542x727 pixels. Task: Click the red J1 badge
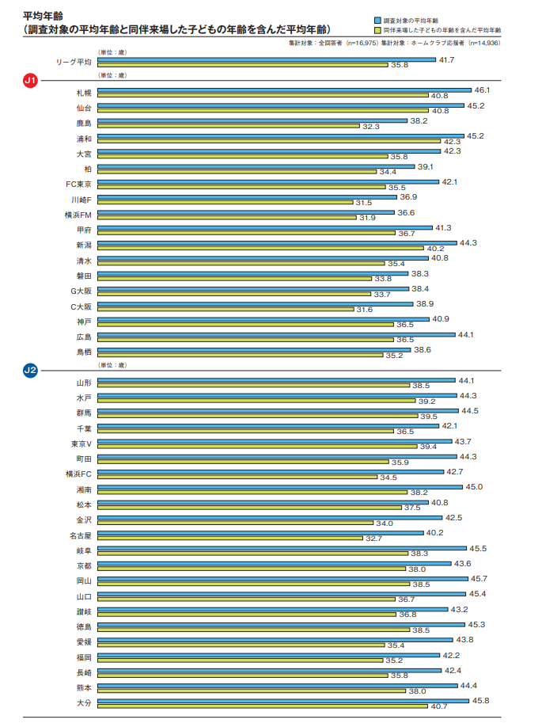31,81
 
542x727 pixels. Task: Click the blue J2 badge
31,371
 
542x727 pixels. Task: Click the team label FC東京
79,183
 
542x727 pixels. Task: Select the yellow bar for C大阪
226,310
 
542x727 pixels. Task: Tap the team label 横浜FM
78,214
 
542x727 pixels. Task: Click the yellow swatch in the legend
377,29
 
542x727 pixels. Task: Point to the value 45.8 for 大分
479,700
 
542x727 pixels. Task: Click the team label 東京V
80,443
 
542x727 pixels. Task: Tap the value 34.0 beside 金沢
385,523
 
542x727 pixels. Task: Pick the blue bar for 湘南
280,487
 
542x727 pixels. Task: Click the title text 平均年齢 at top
40,15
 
